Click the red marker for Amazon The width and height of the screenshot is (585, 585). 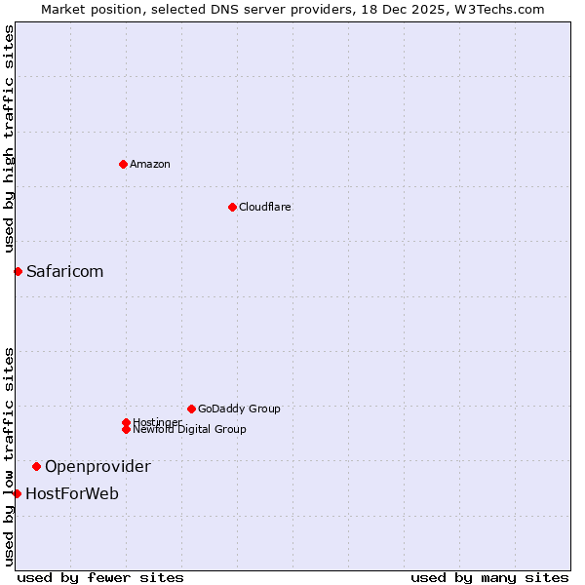click(x=123, y=164)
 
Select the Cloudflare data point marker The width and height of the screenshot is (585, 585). click(x=232, y=207)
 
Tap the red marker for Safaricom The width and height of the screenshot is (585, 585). click(x=18, y=271)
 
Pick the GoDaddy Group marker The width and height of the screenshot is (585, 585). click(x=191, y=409)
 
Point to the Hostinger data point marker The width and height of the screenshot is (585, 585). click(x=126, y=422)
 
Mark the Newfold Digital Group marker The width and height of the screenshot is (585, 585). click(x=126, y=429)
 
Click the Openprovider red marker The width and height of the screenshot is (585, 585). click(x=36, y=466)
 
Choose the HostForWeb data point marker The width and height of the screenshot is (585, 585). click(x=17, y=493)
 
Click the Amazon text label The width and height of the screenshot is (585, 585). click(x=150, y=164)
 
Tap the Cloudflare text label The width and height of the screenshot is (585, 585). click(x=265, y=207)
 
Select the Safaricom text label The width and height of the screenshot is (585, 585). click(x=64, y=271)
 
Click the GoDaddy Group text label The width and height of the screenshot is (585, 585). click(x=239, y=409)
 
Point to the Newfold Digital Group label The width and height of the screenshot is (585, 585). click(x=190, y=430)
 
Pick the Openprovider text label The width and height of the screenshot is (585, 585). click(x=97, y=466)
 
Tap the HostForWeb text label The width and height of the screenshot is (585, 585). click(x=72, y=493)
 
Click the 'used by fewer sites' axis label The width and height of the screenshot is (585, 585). click(x=100, y=577)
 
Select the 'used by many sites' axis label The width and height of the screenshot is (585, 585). click(x=489, y=577)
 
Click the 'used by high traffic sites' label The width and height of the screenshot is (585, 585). click(x=9, y=138)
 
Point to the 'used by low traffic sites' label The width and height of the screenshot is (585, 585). click(x=9, y=456)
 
